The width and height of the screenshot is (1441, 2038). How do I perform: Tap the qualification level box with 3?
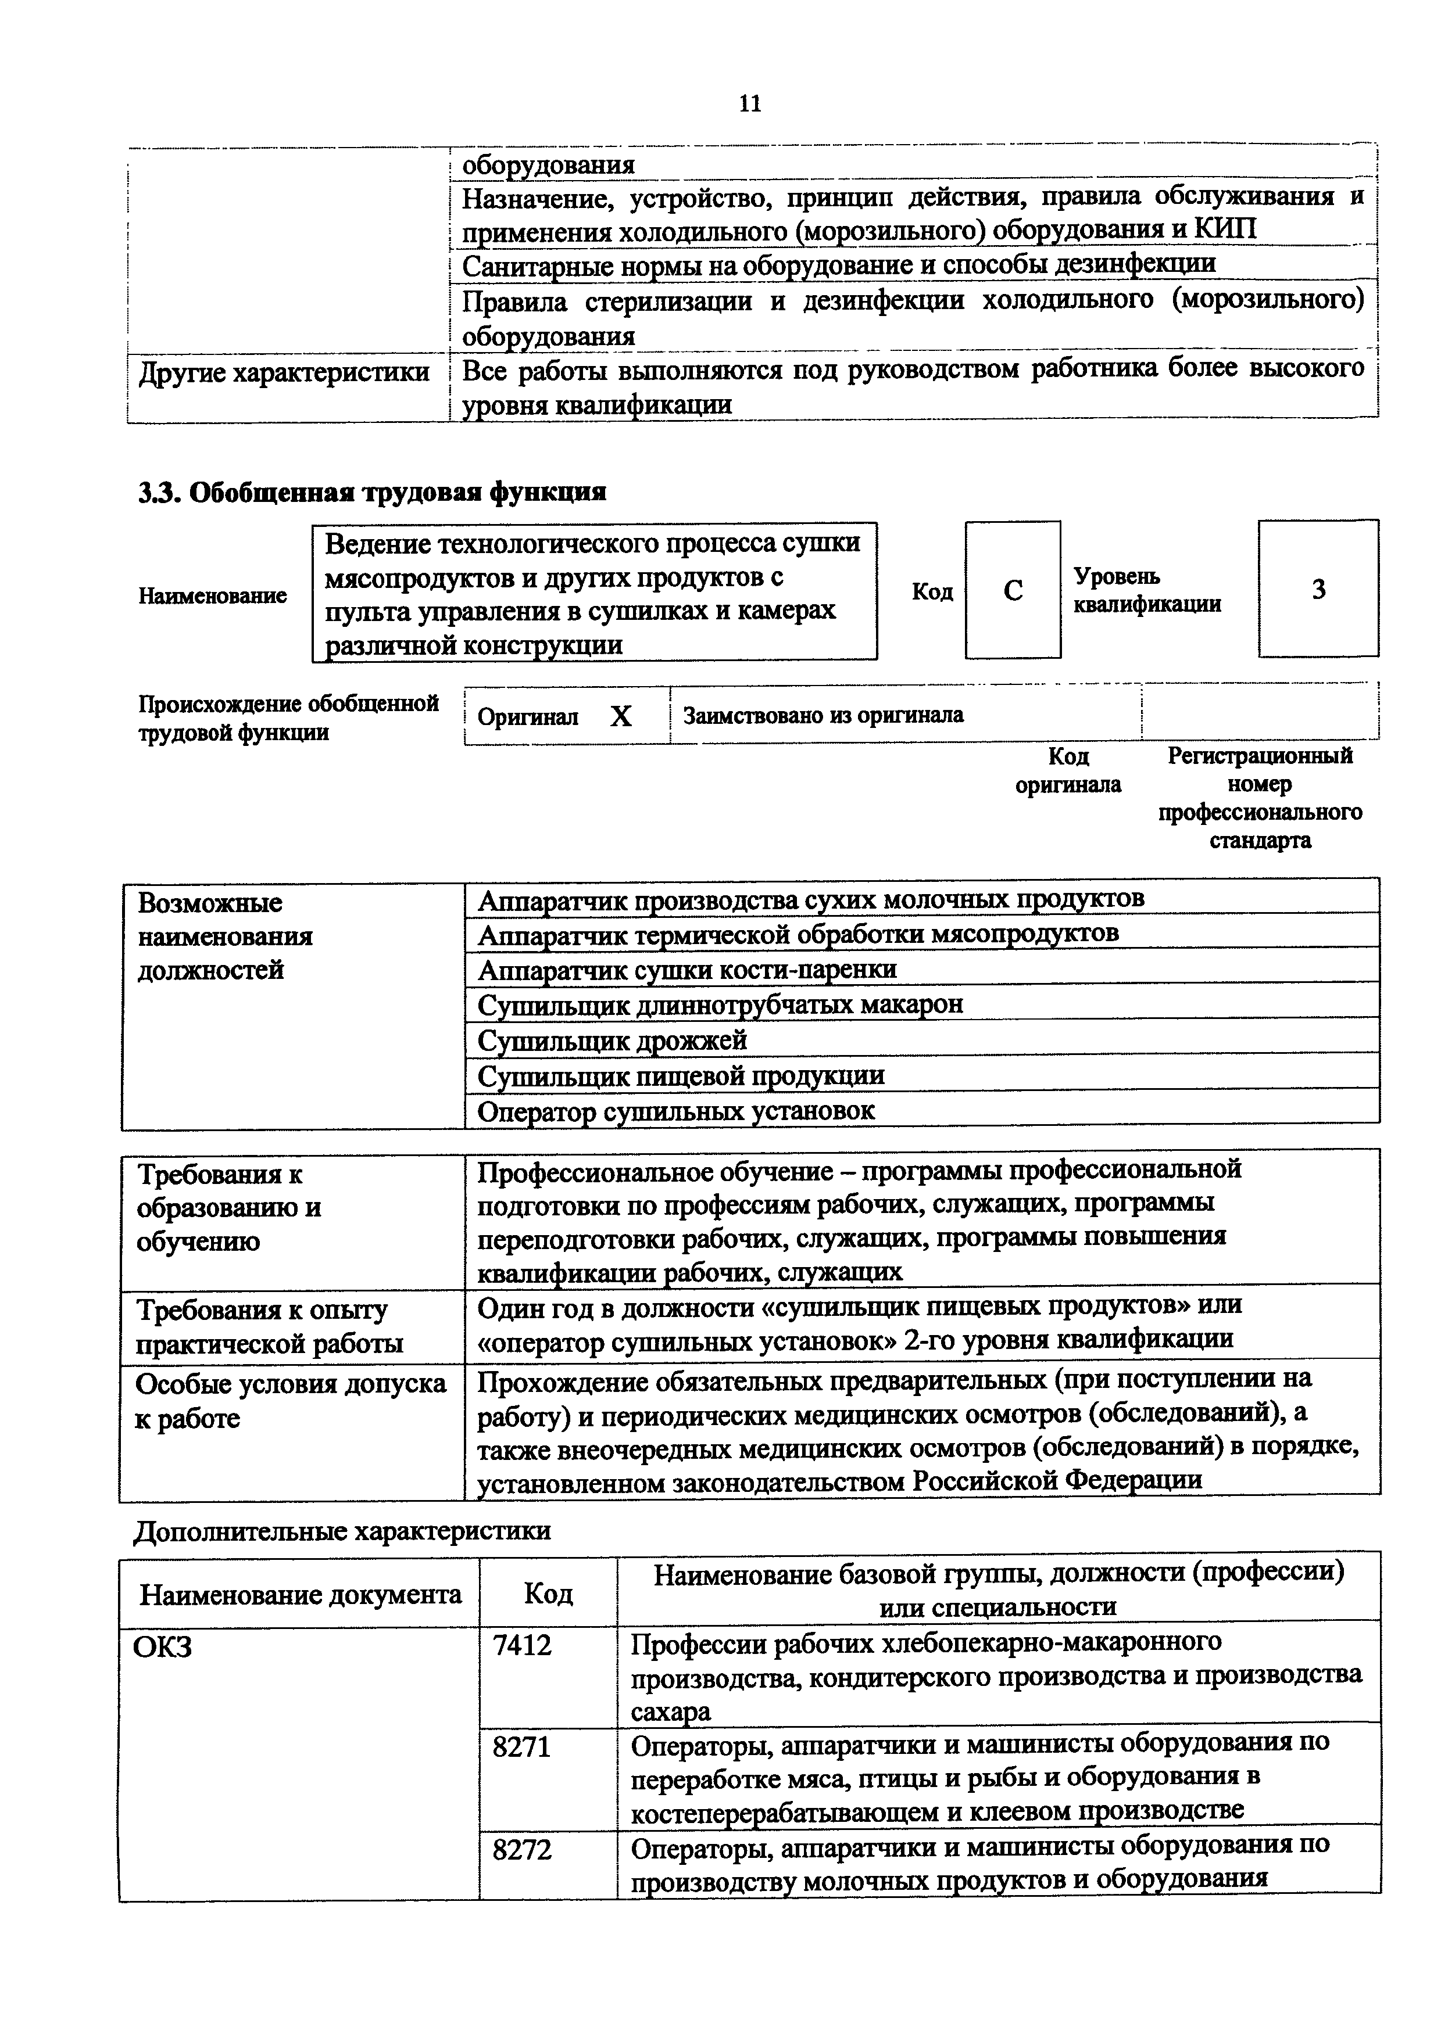(1318, 590)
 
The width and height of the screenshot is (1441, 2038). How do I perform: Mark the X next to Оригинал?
(621, 716)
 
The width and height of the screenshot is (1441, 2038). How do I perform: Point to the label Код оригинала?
(1068, 770)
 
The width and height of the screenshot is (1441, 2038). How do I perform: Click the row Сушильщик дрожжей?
(613, 1039)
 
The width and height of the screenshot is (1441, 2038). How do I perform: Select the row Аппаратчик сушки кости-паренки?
(686, 968)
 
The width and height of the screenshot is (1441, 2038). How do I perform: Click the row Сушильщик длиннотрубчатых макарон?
(720, 1004)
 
